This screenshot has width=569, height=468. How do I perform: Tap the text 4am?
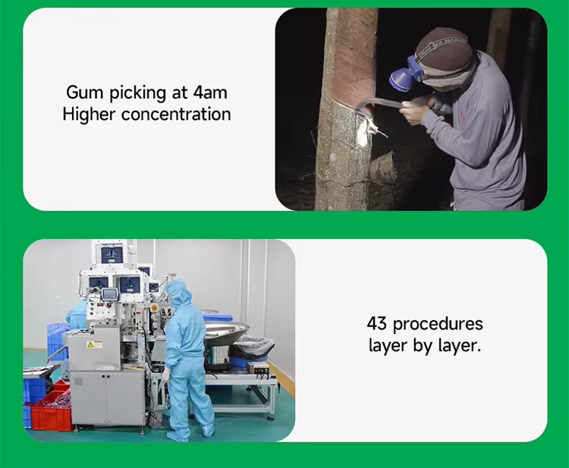(210, 92)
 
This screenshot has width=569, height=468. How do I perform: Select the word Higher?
(89, 114)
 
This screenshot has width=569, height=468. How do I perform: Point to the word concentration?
(176, 115)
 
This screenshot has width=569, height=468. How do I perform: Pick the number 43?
(376, 323)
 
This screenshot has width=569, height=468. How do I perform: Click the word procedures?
(438, 323)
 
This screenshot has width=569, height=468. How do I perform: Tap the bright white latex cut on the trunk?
(364, 134)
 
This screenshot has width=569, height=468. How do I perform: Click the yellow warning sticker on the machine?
(90, 345)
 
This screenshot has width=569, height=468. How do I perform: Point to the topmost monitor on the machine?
(109, 254)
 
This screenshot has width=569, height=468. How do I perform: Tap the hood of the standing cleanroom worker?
(178, 292)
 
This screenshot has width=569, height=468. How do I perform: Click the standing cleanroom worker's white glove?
(166, 373)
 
